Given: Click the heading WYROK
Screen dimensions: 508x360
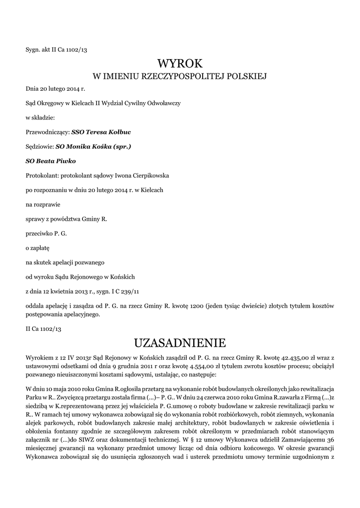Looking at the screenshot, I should pos(180,63).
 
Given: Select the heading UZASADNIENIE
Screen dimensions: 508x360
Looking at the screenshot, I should pos(180,342).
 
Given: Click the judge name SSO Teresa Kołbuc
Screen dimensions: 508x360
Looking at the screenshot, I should pos(101,132).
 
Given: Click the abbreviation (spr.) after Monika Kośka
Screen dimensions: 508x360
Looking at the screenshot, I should pos(122,147).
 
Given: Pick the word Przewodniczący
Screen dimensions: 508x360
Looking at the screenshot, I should pos(47,132).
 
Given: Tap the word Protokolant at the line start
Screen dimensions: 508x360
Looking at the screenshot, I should pos(42,175).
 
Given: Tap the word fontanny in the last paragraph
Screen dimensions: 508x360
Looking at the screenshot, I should pos(69,431).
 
